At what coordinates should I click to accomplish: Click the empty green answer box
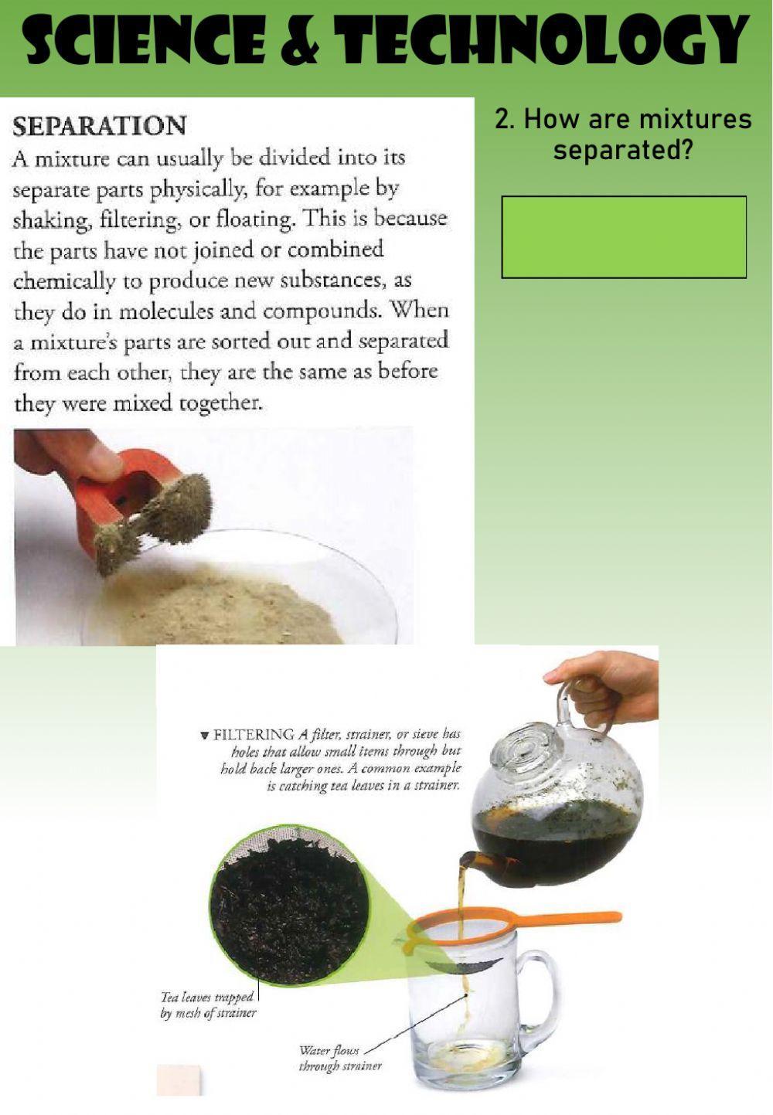(624, 237)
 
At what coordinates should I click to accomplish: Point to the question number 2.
(504, 120)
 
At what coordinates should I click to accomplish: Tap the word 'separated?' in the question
(623, 151)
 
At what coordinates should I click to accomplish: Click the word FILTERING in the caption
(254, 735)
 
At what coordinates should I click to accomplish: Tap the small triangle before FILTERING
(204, 735)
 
